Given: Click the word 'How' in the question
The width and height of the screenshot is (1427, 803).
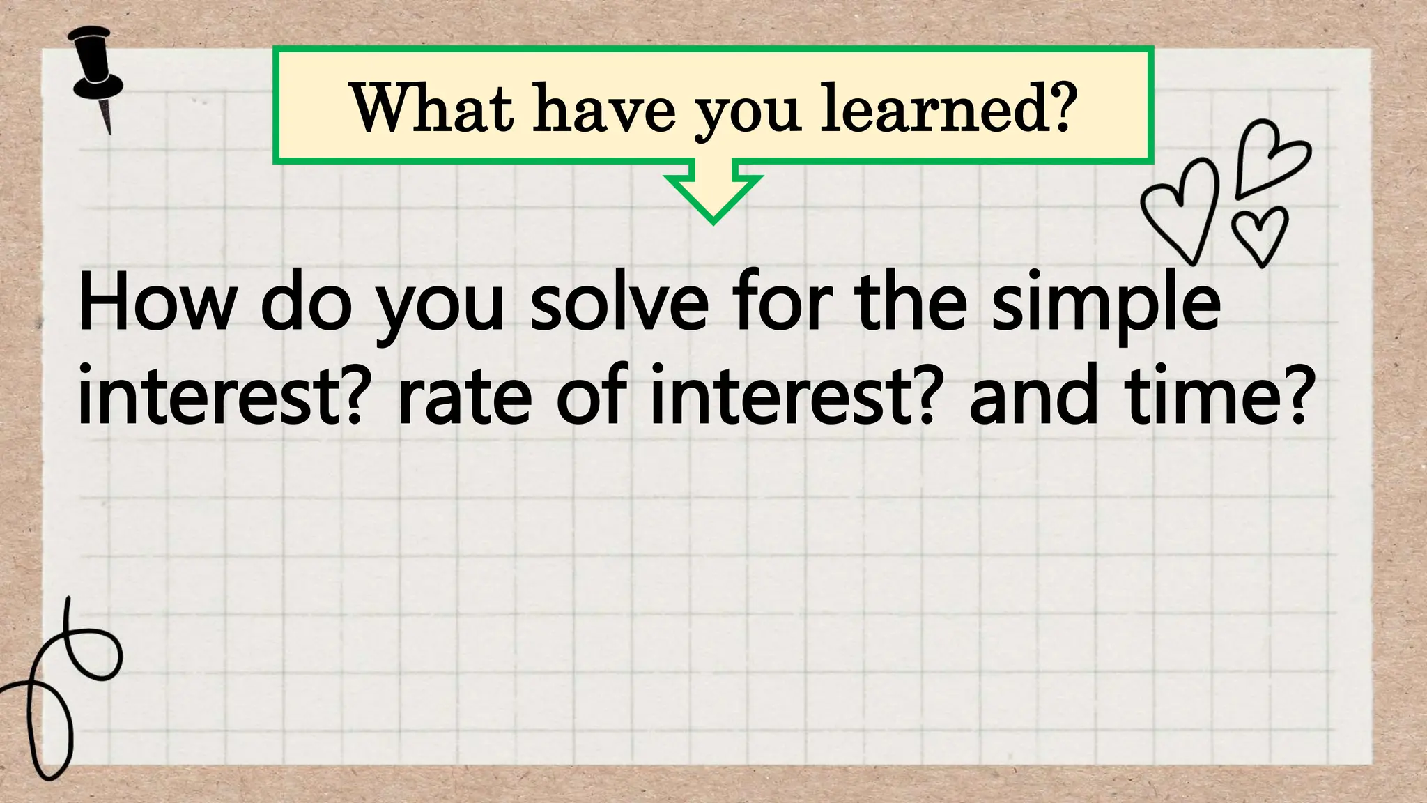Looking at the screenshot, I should pos(157,304).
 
